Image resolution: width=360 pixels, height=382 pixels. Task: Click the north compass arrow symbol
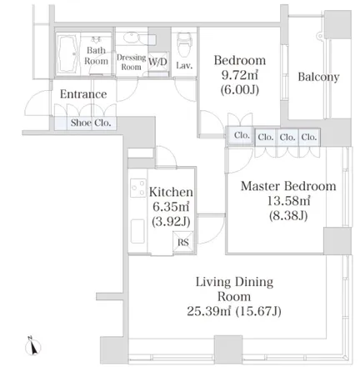click(x=33, y=346)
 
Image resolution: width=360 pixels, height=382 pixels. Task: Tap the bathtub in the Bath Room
click(x=68, y=54)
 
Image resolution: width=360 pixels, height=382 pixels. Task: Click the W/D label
click(x=157, y=61)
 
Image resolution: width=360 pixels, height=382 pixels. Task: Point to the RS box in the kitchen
click(x=183, y=242)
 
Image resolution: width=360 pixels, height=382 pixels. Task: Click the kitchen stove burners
click(x=138, y=188)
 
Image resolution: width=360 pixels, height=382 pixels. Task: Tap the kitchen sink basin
click(x=137, y=231)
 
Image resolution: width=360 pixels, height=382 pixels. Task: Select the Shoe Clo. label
click(x=91, y=123)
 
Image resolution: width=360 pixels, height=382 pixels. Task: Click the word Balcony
click(x=318, y=77)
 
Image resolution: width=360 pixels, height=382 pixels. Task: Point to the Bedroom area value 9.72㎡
click(x=240, y=74)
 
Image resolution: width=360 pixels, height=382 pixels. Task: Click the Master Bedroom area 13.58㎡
click(x=288, y=200)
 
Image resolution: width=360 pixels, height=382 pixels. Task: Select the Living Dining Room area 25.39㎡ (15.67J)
click(x=234, y=310)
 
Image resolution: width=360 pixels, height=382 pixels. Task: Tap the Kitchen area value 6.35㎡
click(x=171, y=206)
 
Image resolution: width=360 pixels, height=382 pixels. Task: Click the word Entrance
click(x=83, y=94)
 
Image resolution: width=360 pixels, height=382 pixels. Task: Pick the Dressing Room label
click(x=131, y=62)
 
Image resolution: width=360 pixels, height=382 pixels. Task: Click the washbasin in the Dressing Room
click(x=131, y=38)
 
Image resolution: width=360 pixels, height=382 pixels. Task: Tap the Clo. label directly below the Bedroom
click(x=242, y=135)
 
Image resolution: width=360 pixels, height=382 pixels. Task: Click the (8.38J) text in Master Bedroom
click(x=288, y=215)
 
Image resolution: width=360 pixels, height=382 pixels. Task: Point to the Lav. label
click(x=184, y=65)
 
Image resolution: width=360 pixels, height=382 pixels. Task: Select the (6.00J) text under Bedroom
click(x=240, y=89)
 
